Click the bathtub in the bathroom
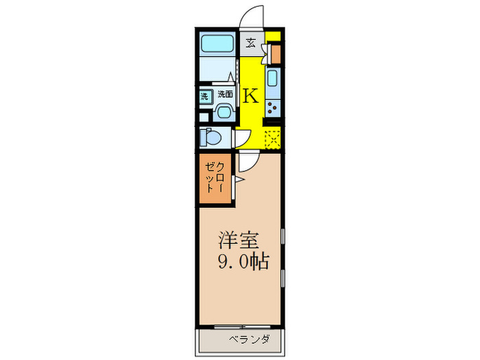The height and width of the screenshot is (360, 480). [x=218, y=45]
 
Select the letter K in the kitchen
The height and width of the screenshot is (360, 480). [x=251, y=96]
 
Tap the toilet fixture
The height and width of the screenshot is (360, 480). [x=212, y=138]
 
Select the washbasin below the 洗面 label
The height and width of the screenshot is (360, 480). [x=224, y=111]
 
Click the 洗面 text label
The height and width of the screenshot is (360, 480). [x=225, y=95]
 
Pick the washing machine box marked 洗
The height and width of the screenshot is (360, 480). [x=204, y=97]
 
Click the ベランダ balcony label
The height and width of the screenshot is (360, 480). [x=249, y=339]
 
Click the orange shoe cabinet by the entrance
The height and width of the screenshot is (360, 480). [x=276, y=53]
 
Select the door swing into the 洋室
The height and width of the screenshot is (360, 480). [x=248, y=162]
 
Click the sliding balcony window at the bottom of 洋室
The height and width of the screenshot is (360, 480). [x=230, y=326]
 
